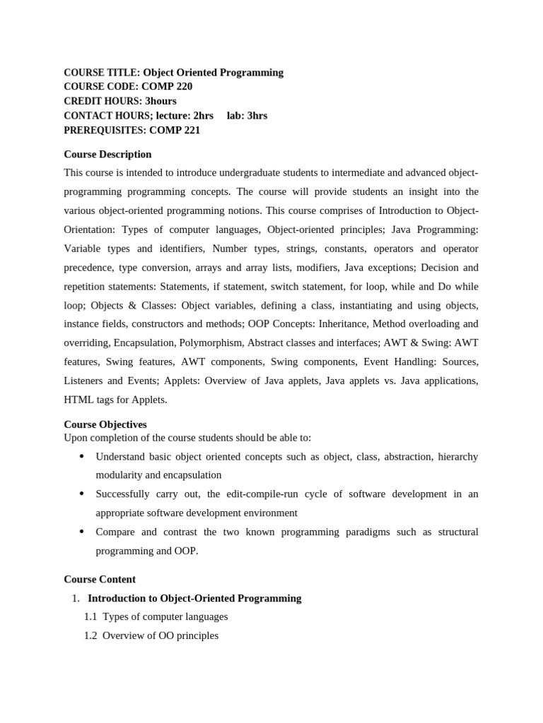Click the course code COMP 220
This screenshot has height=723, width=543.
pos(167,87)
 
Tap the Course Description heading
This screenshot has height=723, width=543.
pos(107,154)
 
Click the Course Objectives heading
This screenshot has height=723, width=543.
pos(105,424)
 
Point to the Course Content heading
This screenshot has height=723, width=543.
pos(100,579)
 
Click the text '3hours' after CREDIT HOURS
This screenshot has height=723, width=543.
pos(160,101)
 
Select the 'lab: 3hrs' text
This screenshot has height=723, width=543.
pos(247,116)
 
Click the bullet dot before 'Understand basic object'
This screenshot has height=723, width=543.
pos(82,456)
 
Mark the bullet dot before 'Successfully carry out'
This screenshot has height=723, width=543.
pos(82,494)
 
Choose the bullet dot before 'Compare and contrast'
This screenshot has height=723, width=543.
pos(82,531)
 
